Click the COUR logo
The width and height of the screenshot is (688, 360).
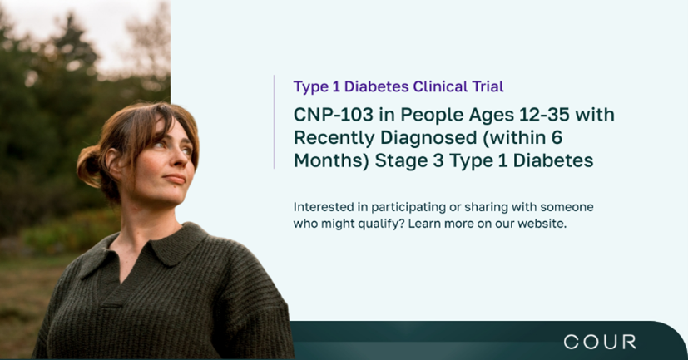point(599,342)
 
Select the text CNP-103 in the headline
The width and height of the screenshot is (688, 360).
point(334,115)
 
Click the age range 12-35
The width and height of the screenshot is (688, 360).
point(544,115)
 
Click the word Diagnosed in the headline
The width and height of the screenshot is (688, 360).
point(428,138)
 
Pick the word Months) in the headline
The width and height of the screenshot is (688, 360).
point(331,160)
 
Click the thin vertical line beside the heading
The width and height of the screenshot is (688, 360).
point(275,122)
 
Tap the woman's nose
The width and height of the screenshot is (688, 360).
point(184,159)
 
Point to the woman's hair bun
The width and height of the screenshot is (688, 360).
point(89,166)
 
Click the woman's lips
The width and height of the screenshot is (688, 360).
point(175,179)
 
